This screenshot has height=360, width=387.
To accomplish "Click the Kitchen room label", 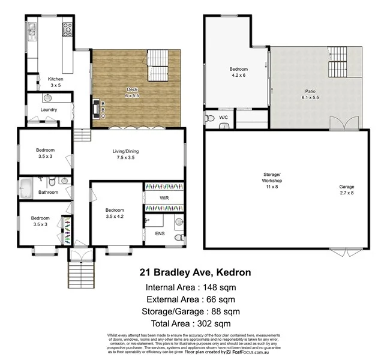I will pos(56,82).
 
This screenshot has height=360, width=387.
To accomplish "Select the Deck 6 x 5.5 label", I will pos(132,92).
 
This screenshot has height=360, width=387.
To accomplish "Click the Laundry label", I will pos(49,110).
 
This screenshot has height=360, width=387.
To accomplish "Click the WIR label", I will pos(164,197).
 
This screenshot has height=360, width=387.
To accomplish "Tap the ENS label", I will pos(160,233).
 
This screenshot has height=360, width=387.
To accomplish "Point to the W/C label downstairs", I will pos(223,117).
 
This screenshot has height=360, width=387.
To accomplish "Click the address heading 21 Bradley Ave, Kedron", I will pos(195,272).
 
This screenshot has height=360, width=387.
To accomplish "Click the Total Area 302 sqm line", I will pos(195,324).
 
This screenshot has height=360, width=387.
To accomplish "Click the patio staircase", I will pos(337,62).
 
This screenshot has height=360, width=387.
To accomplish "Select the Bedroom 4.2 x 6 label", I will pos(238,73).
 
